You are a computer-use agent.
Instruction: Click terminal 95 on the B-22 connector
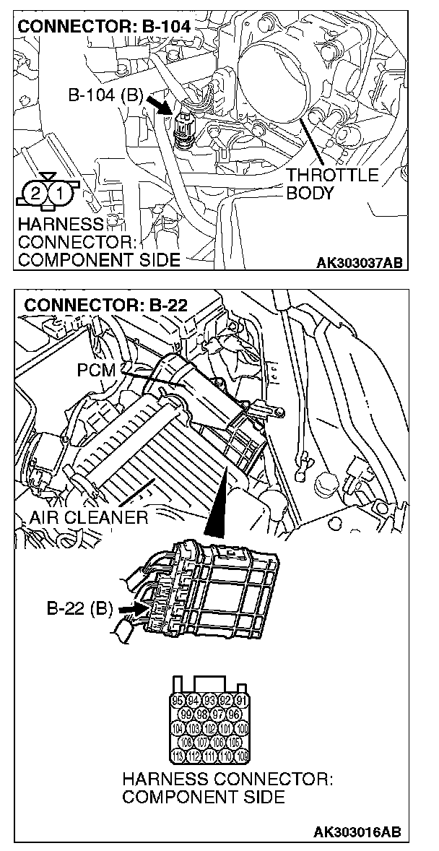[x=178, y=700]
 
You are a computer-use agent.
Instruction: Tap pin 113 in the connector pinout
[x=178, y=756]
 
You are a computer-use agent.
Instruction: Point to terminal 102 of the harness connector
[x=209, y=728]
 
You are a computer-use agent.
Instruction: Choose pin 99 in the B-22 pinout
[x=186, y=714]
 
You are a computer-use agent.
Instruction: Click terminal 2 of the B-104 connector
[x=34, y=193]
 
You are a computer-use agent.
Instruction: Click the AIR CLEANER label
[x=89, y=517]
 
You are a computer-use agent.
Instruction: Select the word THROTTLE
[x=332, y=176]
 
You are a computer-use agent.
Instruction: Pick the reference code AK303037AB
[x=359, y=262]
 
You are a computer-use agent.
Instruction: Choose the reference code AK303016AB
[x=359, y=832]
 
